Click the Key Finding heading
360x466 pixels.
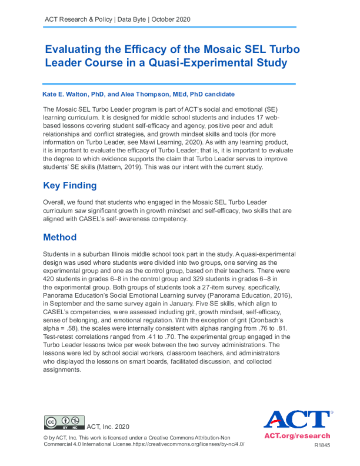(x=70, y=186)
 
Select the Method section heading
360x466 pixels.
(x=60, y=238)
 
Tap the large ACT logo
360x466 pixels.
(x=297, y=420)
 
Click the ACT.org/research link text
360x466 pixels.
(x=297, y=437)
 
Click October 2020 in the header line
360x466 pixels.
(x=171, y=19)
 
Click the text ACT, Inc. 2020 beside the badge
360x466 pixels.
(x=108, y=427)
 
